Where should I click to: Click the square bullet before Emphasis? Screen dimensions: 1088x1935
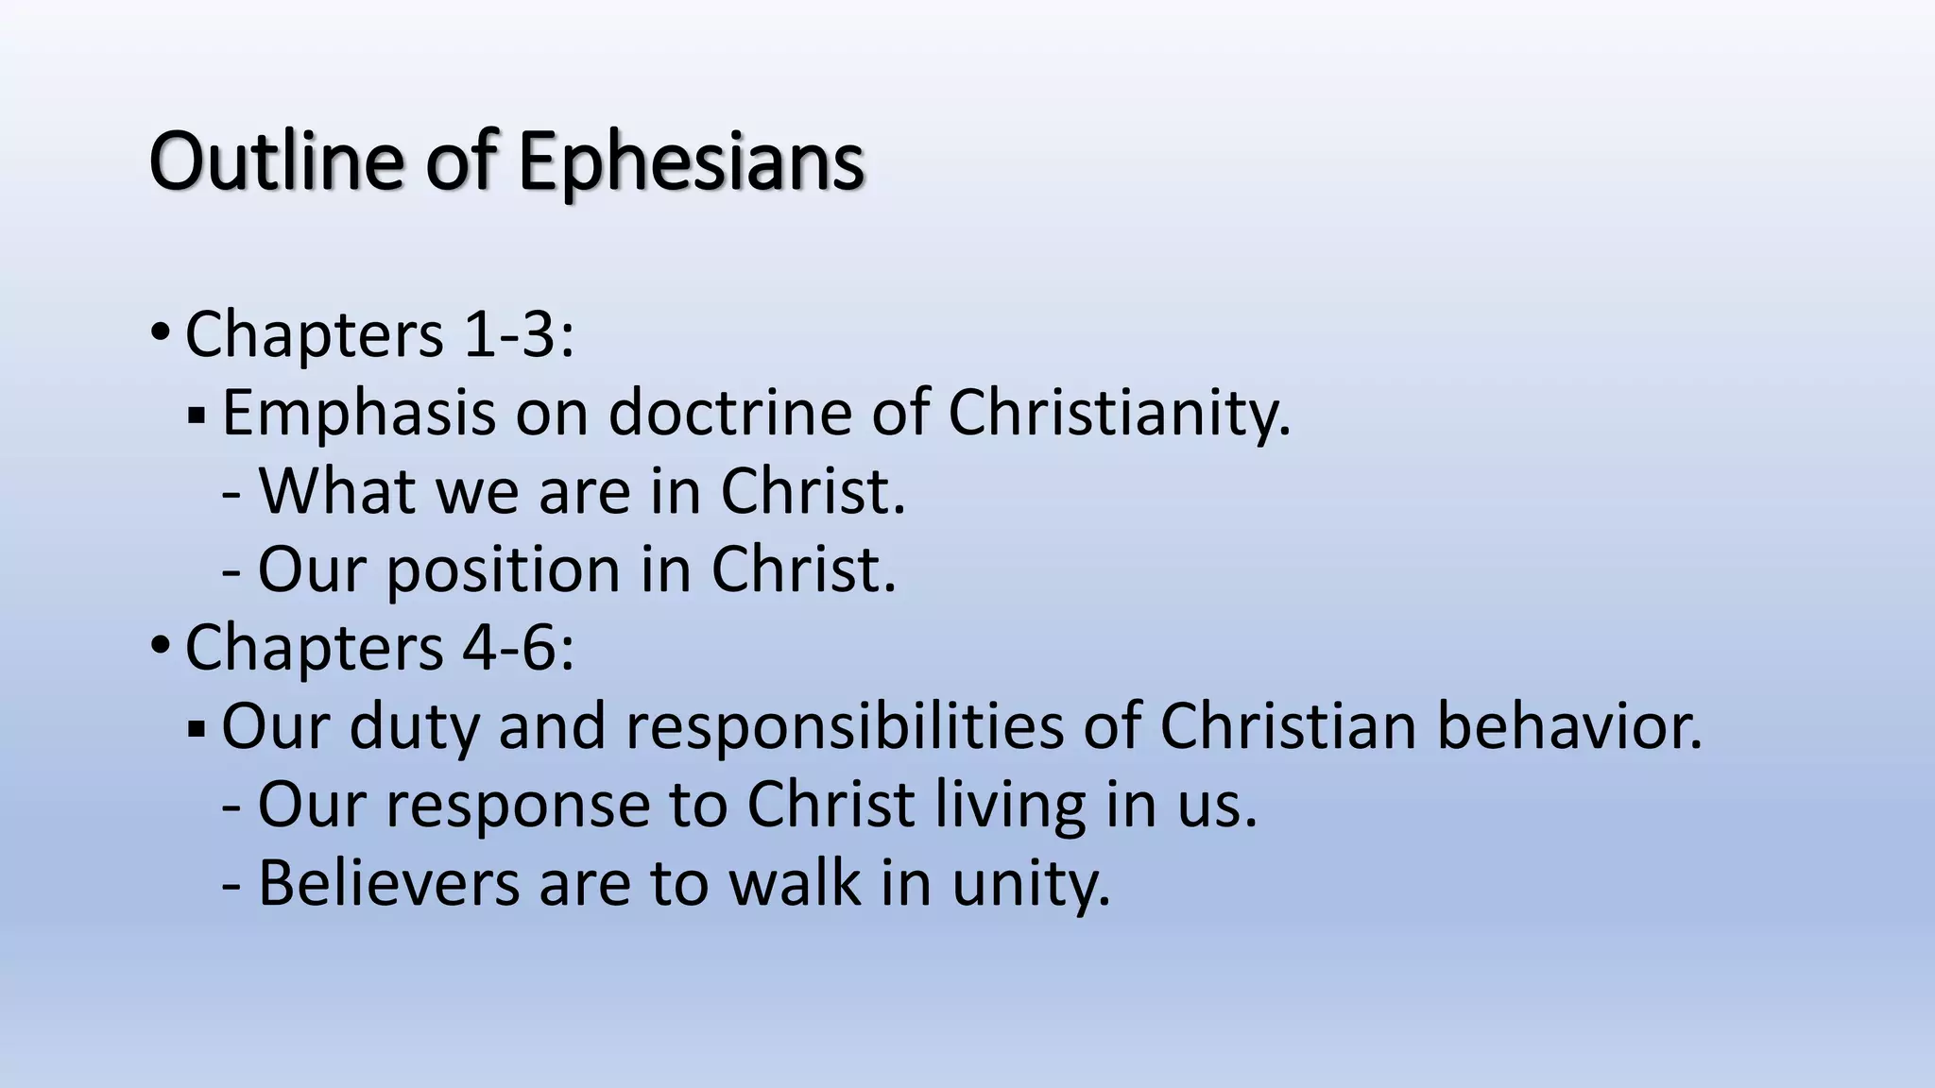pyautogui.click(x=197, y=416)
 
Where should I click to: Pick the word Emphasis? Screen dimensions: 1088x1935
pyautogui.click(x=358, y=414)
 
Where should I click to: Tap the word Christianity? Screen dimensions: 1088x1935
pyautogui.click(x=1119, y=414)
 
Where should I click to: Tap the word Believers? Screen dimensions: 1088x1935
pyautogui.click(x=388, y=882)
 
